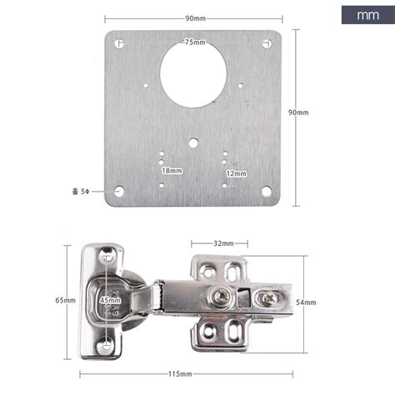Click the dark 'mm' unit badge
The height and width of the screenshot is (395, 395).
[368, 15]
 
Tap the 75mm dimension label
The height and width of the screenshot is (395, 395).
[195, 42]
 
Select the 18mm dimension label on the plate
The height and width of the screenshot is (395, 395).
[172, 170]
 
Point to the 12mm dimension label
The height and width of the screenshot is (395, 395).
[236, 173]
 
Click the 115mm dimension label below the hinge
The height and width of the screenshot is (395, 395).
[180, 374]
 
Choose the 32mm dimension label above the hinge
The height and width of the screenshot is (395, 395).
[223, 243]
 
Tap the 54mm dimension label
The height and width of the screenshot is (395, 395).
[306, 302]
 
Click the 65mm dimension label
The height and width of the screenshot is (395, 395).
[65, 300]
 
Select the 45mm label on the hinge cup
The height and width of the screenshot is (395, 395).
[110, 300]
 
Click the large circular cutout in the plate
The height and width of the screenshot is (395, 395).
[193, 75]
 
